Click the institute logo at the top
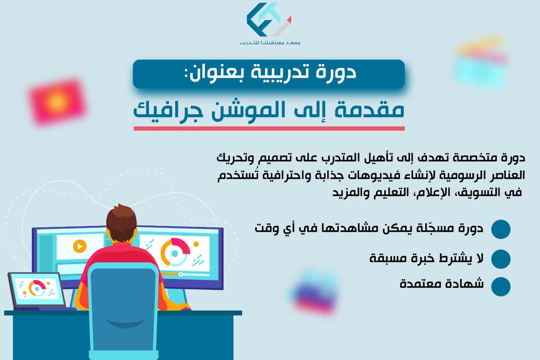click(x=269, y=20)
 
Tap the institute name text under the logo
click(x=270, y=43)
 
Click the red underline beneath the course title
click(x=269, y=129)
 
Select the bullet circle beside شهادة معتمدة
click(x=501, y=286)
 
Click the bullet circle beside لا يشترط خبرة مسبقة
click(x=501, y=259)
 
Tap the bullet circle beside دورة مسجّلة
click(x=501, y=229)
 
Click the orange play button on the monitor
click(x=80, y=246)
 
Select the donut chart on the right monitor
click(x=175, y=252)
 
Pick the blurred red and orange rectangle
click(x=58, y=101)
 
